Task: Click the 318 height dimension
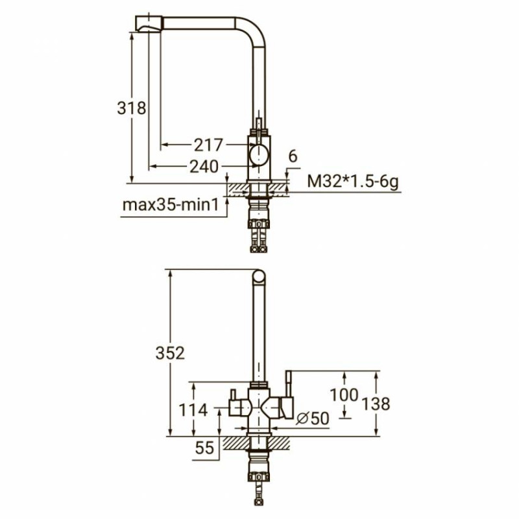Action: click(x=132, y=108)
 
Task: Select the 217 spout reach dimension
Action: click(x=208, y=145)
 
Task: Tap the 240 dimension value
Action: click(x=204, y=166)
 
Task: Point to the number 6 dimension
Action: click(x=293, y=156)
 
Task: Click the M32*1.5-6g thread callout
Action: click(x=353, y=182)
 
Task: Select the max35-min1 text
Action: click(x=171, y=205)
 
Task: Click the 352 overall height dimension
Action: click(x=170, y=353)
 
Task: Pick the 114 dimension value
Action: click(x=193, y=410)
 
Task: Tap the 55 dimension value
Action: click(x=204, y=448)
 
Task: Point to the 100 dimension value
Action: click(x=344, y=394)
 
